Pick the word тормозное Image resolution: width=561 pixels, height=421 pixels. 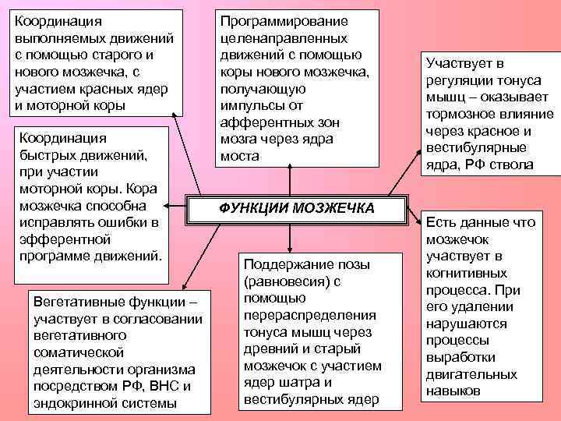[x=460, y=114]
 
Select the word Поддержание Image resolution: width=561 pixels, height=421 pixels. [x=283, y=264]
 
